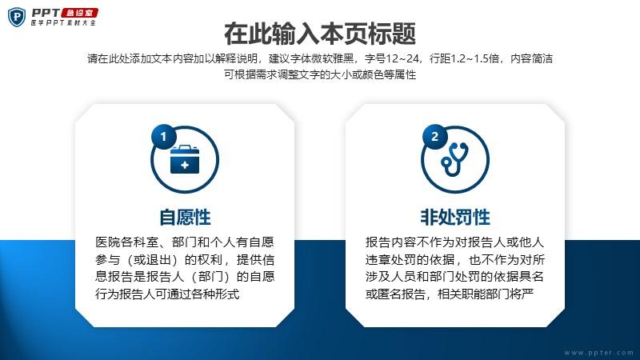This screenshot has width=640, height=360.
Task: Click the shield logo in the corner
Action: point(17,17)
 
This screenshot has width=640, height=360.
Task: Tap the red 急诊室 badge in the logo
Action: point(79,13)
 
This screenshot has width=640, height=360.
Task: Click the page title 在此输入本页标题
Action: point(320,34)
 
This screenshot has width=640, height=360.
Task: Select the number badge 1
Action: point(164,136)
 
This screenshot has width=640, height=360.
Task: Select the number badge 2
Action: point(434,136)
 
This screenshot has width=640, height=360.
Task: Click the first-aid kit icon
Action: point(185,159)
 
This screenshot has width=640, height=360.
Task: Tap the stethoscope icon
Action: point(454,159)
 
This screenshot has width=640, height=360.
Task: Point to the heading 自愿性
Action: point(185,217)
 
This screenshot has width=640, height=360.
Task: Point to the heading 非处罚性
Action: point(455,217)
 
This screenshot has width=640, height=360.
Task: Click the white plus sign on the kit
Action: point(185,165)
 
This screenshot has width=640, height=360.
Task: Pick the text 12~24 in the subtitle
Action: point(402,58)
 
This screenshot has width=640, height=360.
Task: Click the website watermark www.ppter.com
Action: point(598,353)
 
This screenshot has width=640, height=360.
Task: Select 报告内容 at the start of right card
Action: point(390,242)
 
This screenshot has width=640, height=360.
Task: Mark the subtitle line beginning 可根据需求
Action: point(320,74)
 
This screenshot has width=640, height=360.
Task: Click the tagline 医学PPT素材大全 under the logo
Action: point(63,23)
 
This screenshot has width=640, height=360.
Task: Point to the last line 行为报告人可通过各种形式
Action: point(167,294)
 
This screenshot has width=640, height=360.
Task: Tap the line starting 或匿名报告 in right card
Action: point(450,294)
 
